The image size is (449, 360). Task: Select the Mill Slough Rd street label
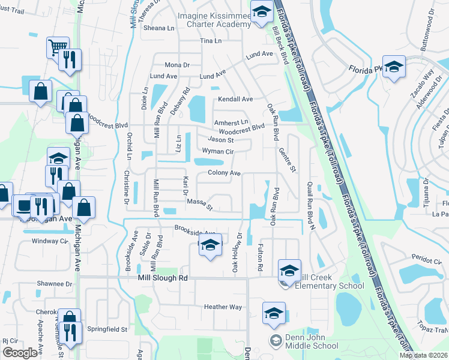[163, 278]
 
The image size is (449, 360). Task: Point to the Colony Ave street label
[224, 173]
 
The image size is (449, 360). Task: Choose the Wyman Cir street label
[217, 151]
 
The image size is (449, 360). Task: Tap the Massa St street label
[200, 205]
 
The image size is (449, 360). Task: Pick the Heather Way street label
[223, 307]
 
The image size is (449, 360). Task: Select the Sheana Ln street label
[158, 28]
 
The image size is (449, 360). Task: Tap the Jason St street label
[220, 140]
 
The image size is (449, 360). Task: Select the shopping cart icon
[58, 47]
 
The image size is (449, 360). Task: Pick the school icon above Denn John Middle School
[274, 313]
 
